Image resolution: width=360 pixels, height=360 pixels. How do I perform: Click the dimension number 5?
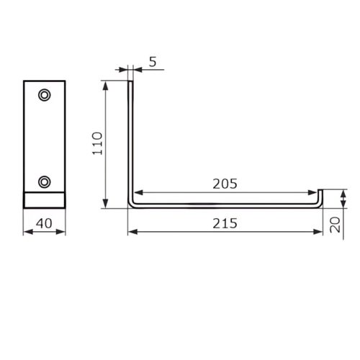coord(153,62)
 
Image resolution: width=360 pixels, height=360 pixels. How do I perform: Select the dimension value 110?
coord(97,143)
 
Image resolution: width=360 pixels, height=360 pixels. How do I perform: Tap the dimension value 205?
coord(225,184)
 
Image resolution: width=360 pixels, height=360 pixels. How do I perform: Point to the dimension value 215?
coord(225,223)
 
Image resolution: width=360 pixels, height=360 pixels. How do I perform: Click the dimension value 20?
coord(335,225)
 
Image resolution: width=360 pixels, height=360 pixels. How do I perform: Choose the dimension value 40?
coord(44,223)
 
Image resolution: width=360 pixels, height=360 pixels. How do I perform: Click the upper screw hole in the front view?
coord(45,95)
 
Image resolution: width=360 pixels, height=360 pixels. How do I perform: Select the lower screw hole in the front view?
coord(45,182)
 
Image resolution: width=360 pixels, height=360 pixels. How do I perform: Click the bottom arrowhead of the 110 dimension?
coord(105,204)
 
